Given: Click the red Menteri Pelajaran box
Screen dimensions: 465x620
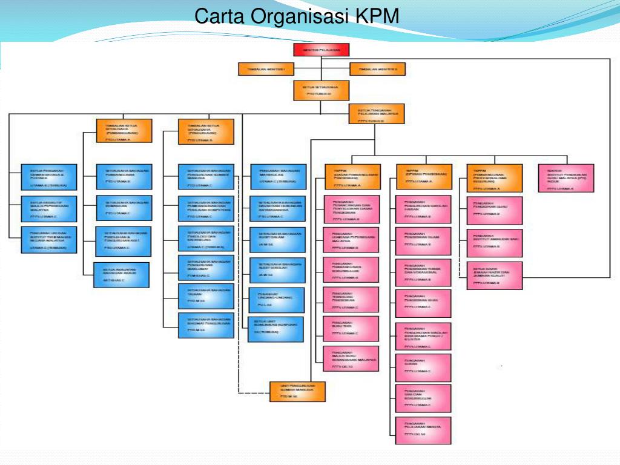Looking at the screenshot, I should point(322,50).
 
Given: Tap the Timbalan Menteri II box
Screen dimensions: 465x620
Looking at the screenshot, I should point(377,69).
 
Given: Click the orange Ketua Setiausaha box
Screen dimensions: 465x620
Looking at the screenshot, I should point(322,90).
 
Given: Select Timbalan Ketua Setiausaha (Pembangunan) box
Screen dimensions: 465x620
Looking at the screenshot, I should point(124,131).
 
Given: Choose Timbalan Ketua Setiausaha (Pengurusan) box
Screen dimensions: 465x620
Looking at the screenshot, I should point(206,131).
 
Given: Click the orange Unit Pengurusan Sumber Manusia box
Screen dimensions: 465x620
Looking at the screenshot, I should point(300,393).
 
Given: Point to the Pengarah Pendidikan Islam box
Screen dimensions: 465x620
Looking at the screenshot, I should point(423,240).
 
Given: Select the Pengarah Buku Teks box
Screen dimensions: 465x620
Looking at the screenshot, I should point(351,328).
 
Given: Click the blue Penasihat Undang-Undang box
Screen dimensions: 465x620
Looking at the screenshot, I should point(275,300).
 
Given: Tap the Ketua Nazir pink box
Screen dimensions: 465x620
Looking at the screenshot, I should point(495,275).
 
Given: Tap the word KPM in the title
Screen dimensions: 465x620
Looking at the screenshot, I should point(377,16).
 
